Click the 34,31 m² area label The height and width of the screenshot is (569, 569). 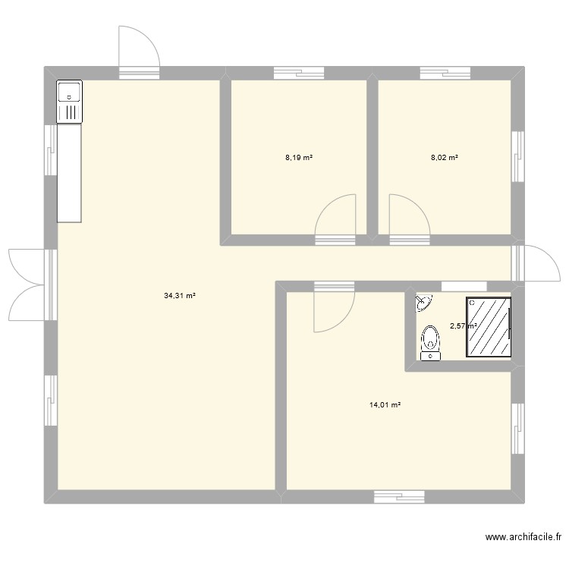180,296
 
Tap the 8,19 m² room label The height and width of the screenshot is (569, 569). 299,158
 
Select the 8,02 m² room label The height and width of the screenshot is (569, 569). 444,158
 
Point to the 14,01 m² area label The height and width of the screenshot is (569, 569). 385,405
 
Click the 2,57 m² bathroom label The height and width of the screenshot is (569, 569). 463,326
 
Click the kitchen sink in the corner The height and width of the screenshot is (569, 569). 69,102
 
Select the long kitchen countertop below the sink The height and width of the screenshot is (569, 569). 69,174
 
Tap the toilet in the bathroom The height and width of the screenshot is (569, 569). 430,342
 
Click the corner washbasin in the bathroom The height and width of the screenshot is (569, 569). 423,303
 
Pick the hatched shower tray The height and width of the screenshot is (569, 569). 489,326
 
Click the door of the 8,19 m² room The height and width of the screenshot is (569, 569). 335,216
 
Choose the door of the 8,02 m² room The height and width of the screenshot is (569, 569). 409,216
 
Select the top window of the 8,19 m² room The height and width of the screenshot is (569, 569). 298,73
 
